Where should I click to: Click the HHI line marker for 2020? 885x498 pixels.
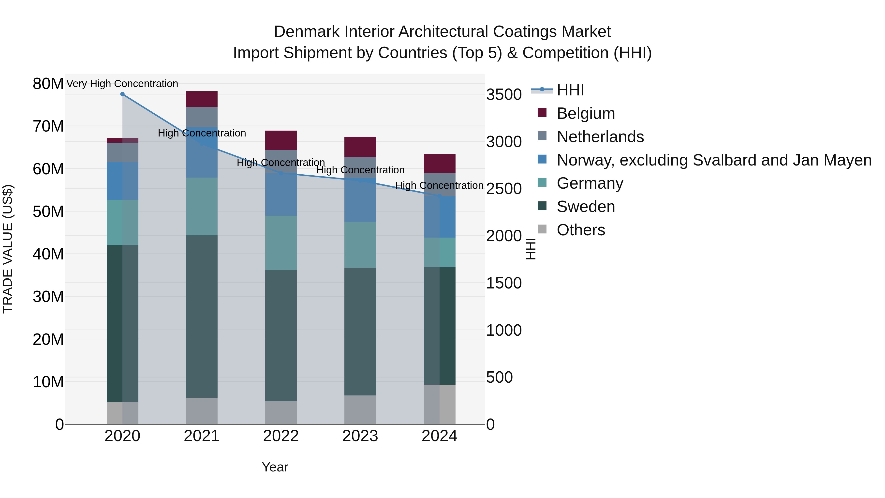[122, 94]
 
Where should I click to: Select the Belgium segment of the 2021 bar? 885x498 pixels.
[202, 99]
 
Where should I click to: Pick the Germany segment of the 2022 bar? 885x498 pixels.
[281, 243]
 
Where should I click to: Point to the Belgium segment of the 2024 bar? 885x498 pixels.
[439, 164]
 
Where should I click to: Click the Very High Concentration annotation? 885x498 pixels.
[122, 84]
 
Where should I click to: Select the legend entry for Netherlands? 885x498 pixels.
[600, 137]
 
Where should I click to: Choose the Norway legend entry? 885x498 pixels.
[714, 160]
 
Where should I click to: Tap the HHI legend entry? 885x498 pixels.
[570, 90]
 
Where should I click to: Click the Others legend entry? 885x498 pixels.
[581, 230]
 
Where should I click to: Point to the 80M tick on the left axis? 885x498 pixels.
[48, 84]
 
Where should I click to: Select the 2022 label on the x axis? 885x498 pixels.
[281, 436]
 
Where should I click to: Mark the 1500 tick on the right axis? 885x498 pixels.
[504, 283]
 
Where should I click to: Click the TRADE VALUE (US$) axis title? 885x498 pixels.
[8, 249]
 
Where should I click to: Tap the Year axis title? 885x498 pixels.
[275, 467]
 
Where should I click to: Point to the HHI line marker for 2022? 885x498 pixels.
[281, 173]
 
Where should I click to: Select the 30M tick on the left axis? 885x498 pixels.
[48, 297]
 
